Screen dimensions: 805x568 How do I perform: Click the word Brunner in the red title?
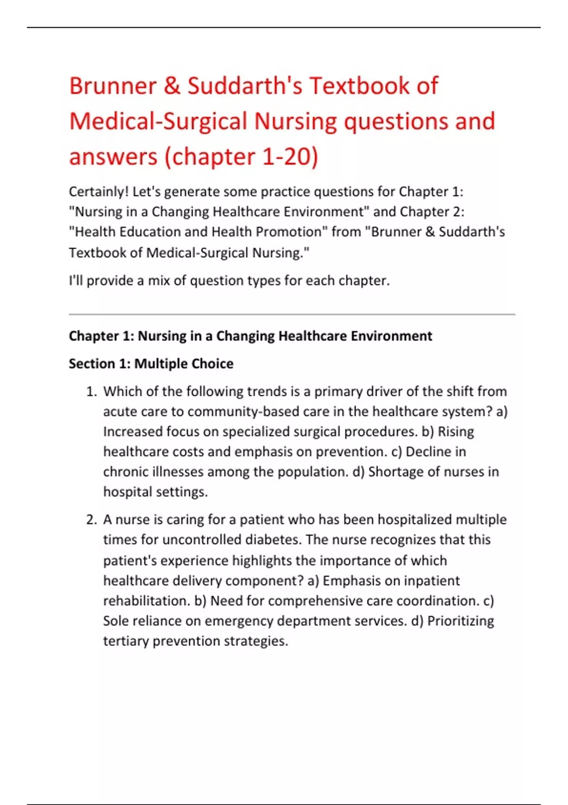click(113, 86)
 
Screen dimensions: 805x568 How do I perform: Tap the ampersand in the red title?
click(172, 86)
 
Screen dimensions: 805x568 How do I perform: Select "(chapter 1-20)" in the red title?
click(241, 157)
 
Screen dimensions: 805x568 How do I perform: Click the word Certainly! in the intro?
click(98, 192)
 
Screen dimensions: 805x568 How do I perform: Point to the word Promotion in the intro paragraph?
click(289, 232)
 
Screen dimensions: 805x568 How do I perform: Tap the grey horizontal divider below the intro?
click(292, 314)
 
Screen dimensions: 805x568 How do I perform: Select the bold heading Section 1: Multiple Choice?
click(151, 364)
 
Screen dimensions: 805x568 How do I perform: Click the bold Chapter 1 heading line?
click(250, 336)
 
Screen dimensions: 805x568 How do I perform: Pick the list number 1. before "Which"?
click(91, 392)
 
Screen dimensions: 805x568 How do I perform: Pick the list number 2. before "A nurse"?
click(91, 520)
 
